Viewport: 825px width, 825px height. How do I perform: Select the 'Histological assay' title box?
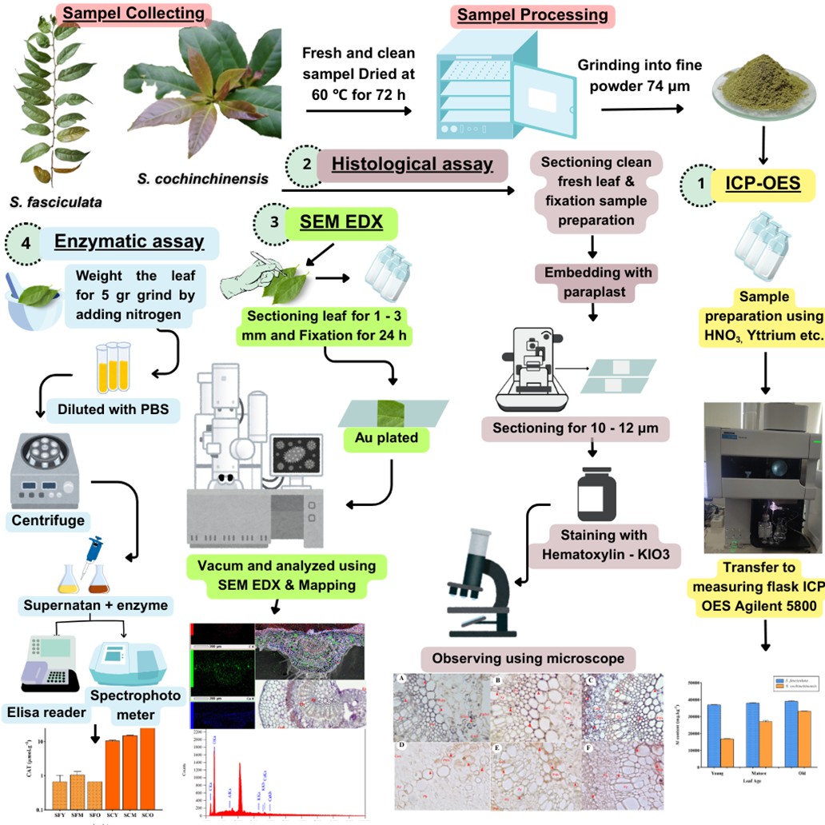[412, 165]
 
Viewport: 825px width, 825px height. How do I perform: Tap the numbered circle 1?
[701, 184]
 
